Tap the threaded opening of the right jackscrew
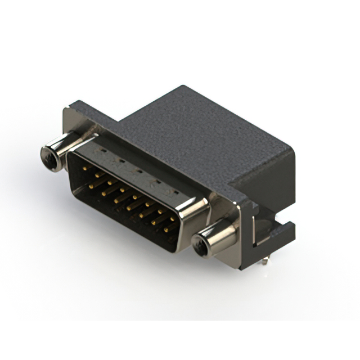point(200,244)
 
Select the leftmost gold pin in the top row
point(84,168)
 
